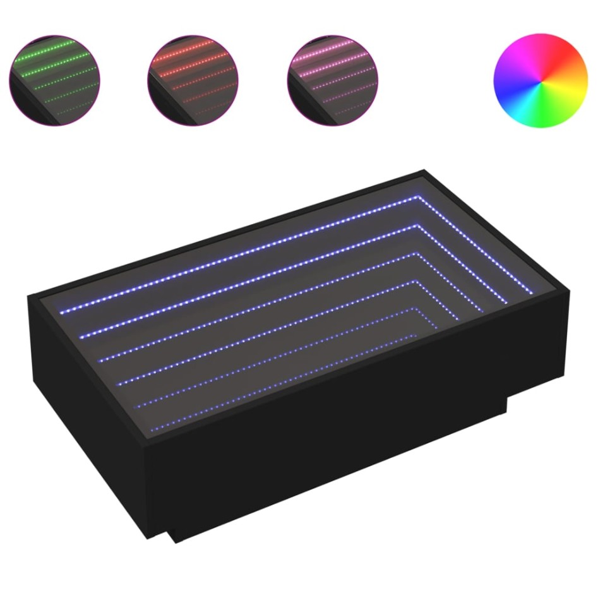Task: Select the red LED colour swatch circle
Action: coord(193,80)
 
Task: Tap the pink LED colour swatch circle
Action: coord(332,80)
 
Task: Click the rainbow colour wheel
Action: coord(540,81)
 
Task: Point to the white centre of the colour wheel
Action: coord(540,81)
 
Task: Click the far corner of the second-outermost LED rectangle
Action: coord(416,225)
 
